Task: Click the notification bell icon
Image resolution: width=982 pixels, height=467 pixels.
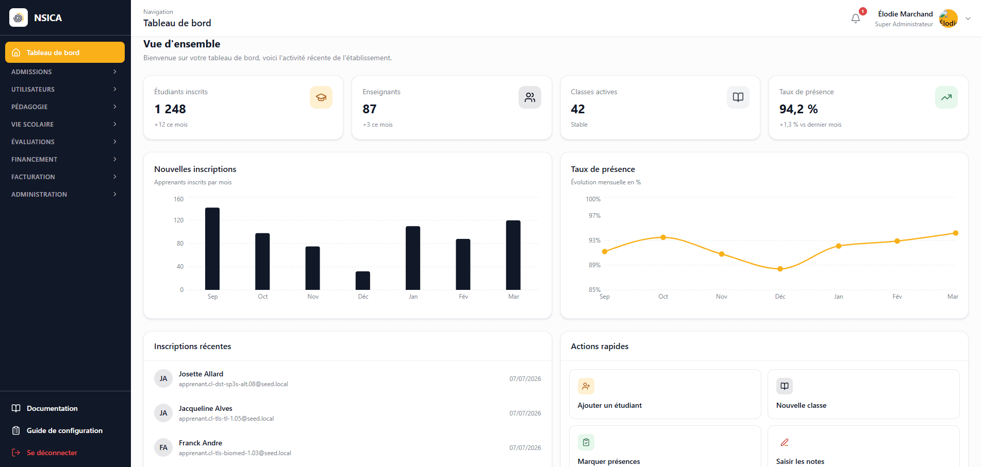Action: (x=856, y=19)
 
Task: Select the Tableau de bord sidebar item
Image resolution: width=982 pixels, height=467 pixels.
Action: (x=65, y=53)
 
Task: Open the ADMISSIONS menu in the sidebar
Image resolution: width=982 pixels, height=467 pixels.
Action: (x=65, y=72)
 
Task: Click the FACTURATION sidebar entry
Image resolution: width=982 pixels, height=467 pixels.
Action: (x=65, y=177)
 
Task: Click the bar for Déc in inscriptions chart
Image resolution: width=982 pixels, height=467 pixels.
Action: (x=363, y=281)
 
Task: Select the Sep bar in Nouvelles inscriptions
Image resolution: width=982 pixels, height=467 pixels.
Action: (x=212, y=249)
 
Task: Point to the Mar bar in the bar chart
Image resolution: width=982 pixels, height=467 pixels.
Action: (x=513, y=255)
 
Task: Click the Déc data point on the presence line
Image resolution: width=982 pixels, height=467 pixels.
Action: (x=780, y=269)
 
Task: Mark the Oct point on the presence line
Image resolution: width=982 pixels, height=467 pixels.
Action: (x=663, y=237)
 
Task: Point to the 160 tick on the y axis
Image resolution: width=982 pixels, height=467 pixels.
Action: (x=178, y=199)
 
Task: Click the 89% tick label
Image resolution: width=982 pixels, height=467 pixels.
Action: (x=595, y=265)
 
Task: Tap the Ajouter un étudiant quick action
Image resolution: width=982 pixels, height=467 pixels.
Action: (x=665, y=394)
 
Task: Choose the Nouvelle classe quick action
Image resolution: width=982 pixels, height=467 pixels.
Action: (x=863, y=394)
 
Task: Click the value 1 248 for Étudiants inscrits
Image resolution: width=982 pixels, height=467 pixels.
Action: (x=170, y=109)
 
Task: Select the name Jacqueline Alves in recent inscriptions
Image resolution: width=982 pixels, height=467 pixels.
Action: (x=206, y=408)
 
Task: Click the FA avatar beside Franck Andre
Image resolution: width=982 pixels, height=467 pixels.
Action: (x=163, y=447)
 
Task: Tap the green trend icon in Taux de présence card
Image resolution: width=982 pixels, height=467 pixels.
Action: (x=946, y=97)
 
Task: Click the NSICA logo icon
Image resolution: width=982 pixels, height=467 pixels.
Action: (x=19, y=18)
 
